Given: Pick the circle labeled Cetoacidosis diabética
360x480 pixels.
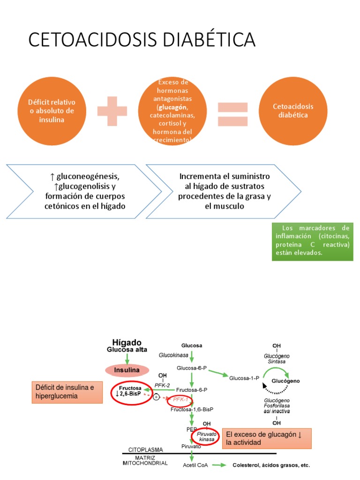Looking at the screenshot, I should pyautogui.click(x=293, y=111).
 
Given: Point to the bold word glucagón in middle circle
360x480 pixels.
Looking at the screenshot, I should pyautogui.click(x=172, y=106).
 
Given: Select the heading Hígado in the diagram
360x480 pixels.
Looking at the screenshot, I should pyautogui.click(x=127, y=343).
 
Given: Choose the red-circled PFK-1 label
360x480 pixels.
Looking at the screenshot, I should pyautogui.click(x=180, y=399).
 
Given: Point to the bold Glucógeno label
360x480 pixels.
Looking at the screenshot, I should pyautogui.click(x=299, y=381).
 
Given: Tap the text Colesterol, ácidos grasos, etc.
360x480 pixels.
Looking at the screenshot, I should pyautogui.click(x=271, y=465).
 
